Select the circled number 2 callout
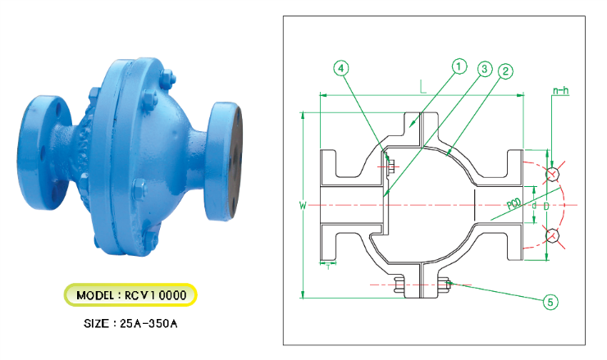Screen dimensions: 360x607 coord(505,71)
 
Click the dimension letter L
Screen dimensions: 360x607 coord(421,85)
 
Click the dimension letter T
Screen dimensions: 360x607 coord(327,265)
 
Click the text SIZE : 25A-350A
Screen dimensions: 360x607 coord(130,323)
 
